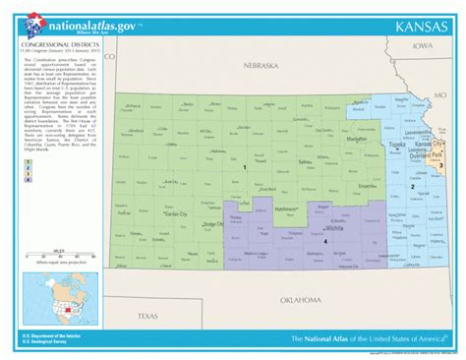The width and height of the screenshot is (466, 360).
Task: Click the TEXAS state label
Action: [146, 288]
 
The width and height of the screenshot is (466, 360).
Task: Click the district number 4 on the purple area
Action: [325, 242]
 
